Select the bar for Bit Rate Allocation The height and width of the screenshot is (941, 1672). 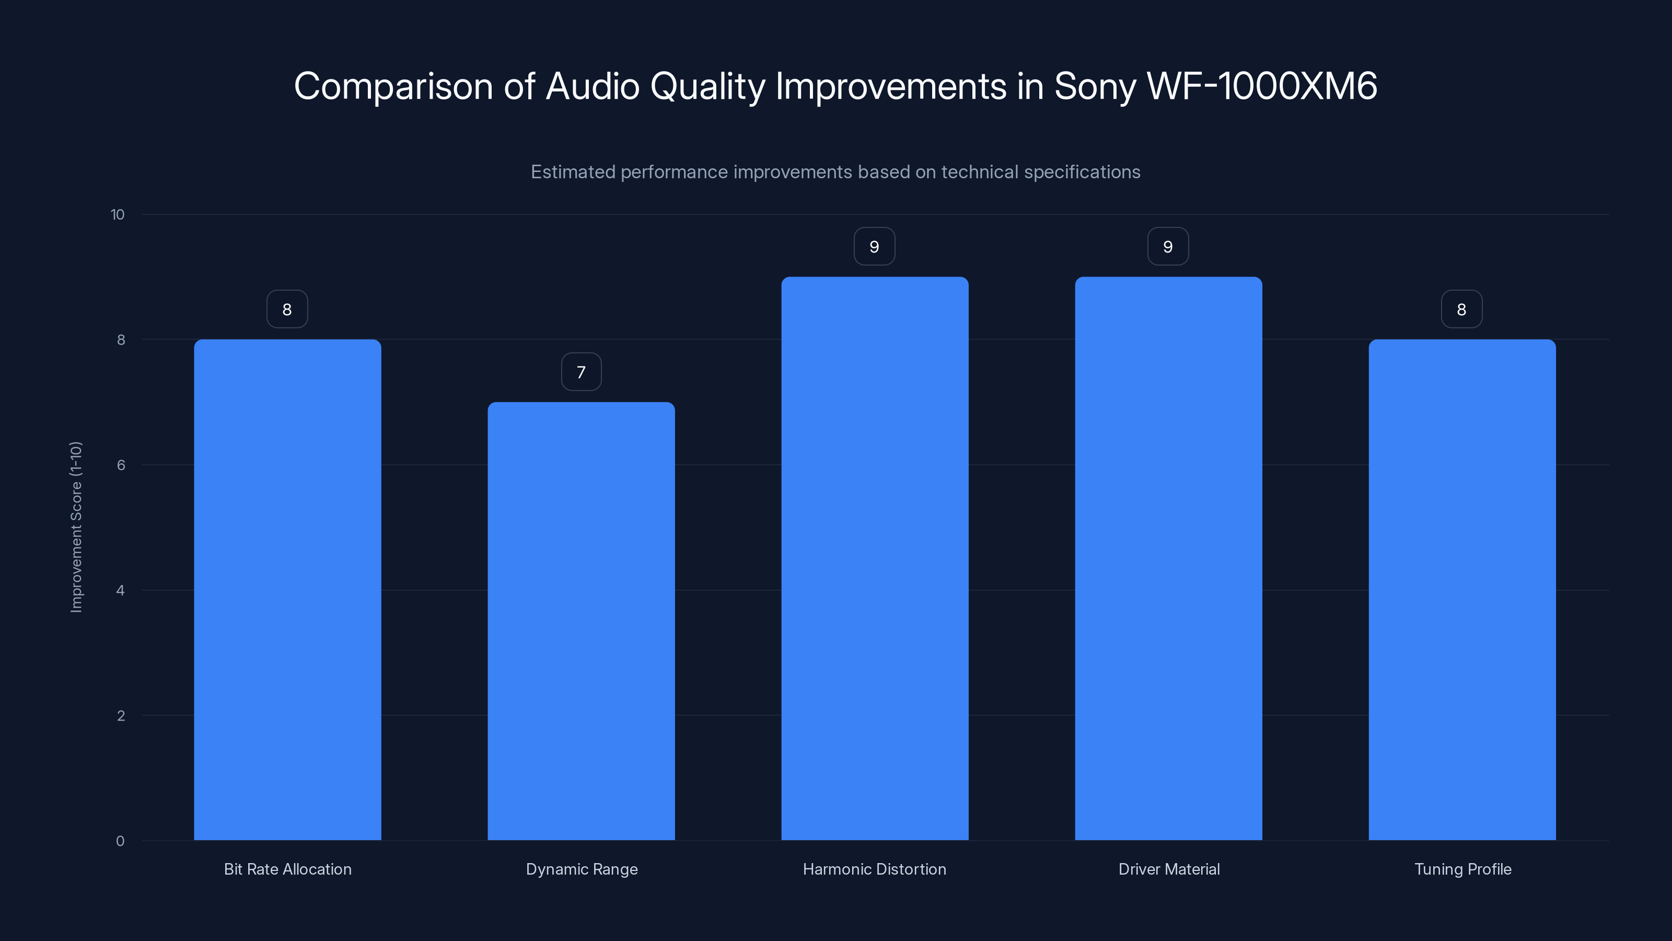(287, 590)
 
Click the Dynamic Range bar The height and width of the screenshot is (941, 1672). (581, 621)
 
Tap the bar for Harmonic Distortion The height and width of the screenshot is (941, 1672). (874, 558)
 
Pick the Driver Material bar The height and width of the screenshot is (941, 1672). (1168, 558)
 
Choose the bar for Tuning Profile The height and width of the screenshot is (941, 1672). (1462, 590)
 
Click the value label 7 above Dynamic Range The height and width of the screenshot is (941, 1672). (581, 372)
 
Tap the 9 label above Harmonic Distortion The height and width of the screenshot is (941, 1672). (874, 247)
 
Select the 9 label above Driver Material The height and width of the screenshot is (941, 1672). (1168, 247)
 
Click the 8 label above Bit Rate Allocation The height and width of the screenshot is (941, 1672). (287, 310)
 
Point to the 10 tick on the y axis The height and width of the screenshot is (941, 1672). (118, 215)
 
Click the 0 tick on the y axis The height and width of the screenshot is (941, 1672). (120, 841)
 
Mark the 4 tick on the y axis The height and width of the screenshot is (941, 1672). (120, 590)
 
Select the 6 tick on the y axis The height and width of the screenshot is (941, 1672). (120, 465)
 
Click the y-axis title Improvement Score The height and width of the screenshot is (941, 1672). (76, 526)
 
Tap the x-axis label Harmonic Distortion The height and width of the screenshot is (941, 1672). (874, 869)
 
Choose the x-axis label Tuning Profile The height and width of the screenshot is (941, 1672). (1462, 869)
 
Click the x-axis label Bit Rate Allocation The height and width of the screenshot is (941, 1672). (287, 869)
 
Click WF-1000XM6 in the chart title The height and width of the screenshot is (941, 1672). (1262, 86)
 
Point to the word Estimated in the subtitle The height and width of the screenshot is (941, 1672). (573, 172)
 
